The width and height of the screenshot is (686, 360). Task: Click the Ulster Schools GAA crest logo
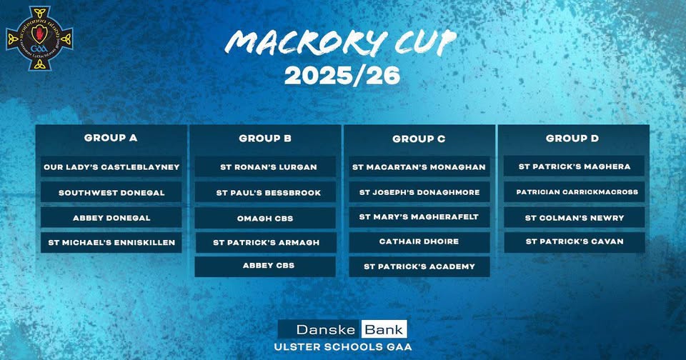click(39, 39)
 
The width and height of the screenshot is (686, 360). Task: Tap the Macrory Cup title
click(340, 43)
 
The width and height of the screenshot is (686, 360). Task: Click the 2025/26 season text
click(342, 76)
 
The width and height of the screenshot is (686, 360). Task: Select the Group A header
click(111, 138)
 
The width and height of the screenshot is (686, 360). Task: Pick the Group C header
click(419, 139)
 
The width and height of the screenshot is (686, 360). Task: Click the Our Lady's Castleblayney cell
click(111, 166)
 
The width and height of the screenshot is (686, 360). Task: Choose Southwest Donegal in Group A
click(111, 192)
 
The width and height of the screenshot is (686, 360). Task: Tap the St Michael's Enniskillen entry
click(111, 242)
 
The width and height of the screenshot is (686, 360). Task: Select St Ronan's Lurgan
click(265, 166)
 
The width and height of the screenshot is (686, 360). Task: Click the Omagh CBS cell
click(265, 219)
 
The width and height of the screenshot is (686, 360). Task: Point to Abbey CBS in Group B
click(265, 266)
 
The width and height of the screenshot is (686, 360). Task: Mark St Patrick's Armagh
click(266, 242)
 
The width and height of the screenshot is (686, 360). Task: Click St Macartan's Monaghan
click(419, 166)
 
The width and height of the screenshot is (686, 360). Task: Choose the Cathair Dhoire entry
click(419, 241)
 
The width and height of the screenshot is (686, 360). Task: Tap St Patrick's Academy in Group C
click(419, 266)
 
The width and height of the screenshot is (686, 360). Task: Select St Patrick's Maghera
click(575, 166)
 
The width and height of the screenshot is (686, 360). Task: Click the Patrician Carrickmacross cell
click(575, 191)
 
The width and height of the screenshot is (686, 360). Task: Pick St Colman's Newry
click(575, 217)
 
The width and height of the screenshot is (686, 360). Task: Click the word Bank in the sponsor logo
click(384, 329)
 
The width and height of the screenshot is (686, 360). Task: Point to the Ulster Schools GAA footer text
click(342, 347)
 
